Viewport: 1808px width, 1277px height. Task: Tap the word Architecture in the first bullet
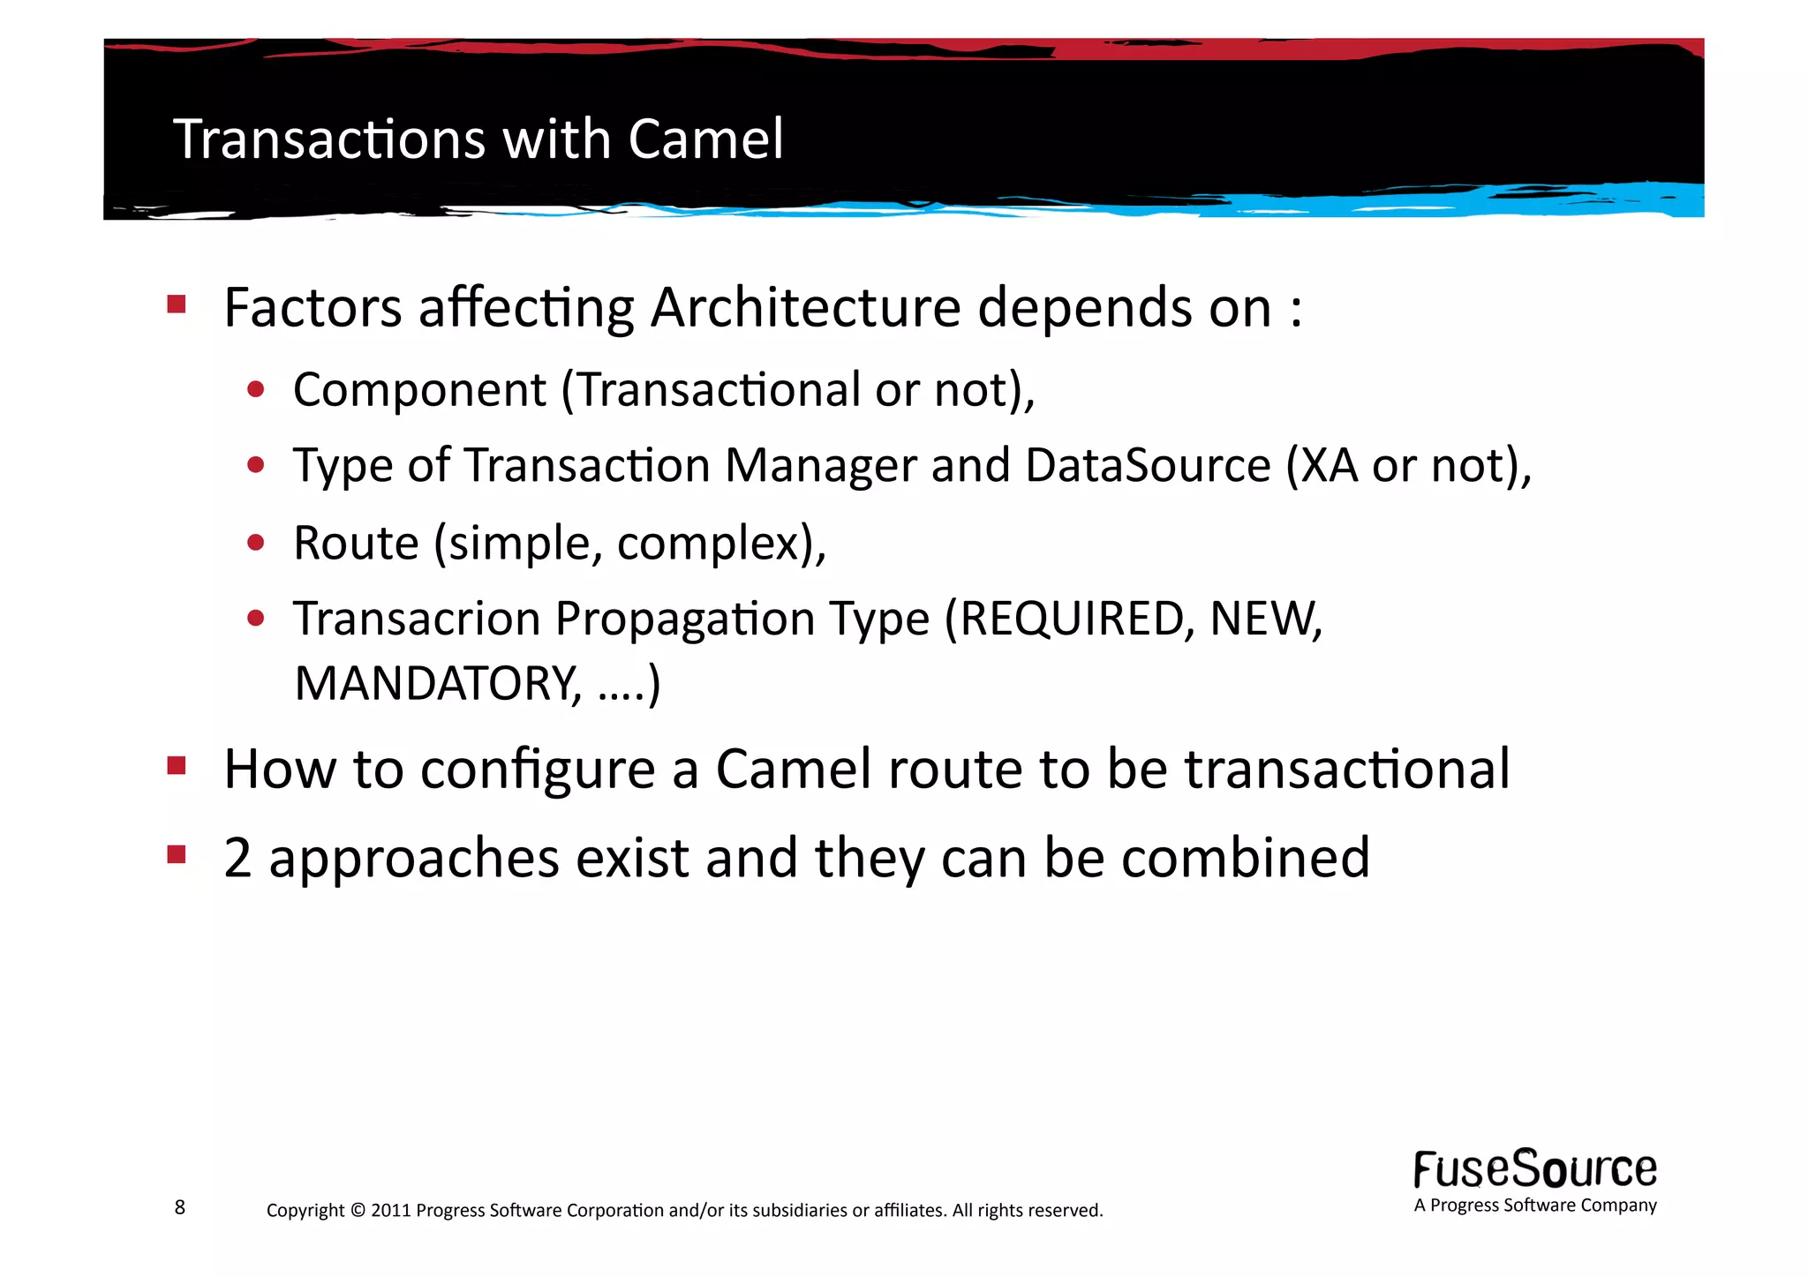point(805,308)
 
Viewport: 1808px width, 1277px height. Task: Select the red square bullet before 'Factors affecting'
point(177,305)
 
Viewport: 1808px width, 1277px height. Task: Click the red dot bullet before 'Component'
point(256,389)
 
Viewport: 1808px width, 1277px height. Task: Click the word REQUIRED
point(1071,619)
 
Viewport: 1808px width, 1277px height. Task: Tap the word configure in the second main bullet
point(537,770)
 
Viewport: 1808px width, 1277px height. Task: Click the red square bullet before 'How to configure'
point(177,765)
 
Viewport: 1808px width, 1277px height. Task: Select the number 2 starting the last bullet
point(237,858)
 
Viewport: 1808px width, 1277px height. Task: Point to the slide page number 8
point(180,1207)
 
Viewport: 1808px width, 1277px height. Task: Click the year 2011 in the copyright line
point(390,1210)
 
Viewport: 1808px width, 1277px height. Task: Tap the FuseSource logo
point(1534,1169)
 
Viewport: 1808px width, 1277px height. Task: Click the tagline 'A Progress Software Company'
point(1534,1206)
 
